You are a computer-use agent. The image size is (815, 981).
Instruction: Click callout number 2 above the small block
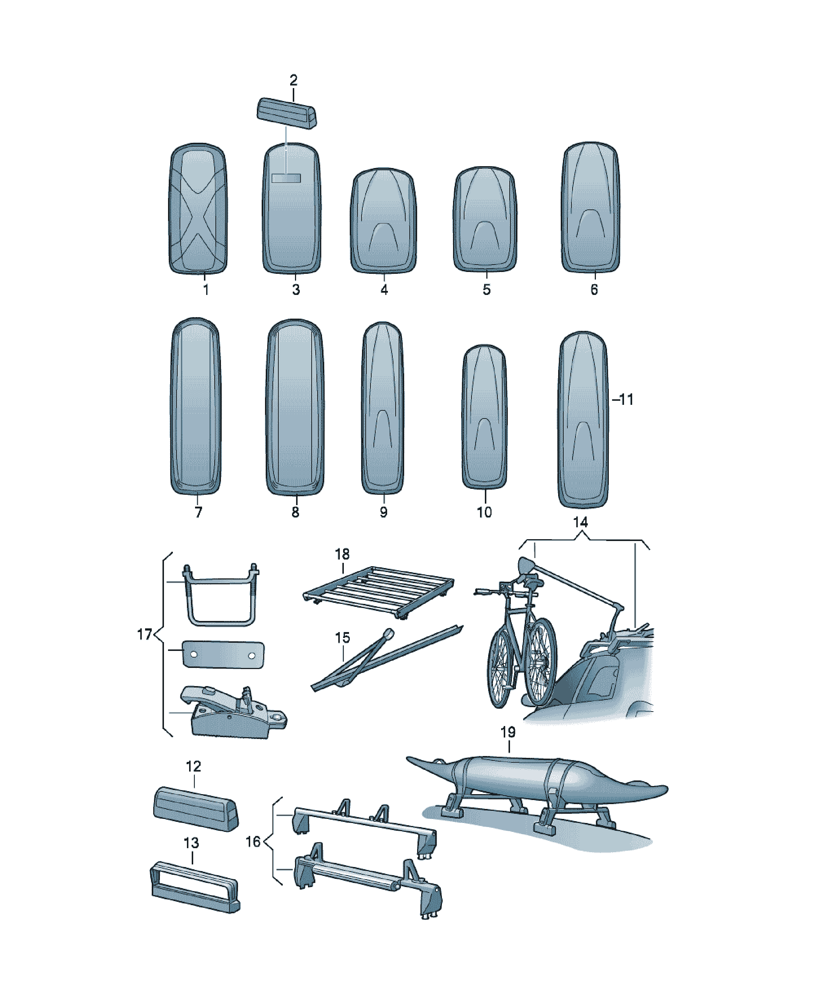(x=293, y=80)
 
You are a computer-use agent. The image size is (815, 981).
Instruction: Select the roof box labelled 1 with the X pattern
(x=198, y=208)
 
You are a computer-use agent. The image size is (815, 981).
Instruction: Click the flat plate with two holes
(x=223, y=655)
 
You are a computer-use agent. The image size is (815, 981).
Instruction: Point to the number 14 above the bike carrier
(x=580, y=522)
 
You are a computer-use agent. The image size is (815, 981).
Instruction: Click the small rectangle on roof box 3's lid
(x=286, y=178)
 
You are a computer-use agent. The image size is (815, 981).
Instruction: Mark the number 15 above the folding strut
(x=342, y=638)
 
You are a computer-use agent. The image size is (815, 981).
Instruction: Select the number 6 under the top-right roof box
(x=594, y=290)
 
